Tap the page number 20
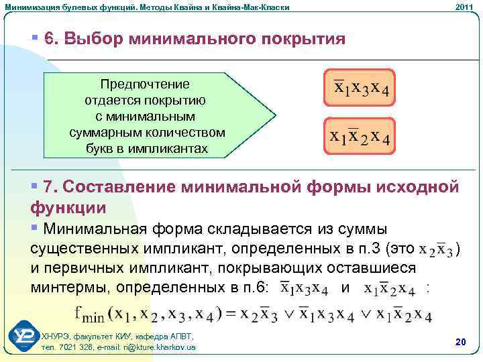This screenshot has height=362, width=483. (x=460, y=342)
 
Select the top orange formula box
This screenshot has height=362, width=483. (x=360, y=87)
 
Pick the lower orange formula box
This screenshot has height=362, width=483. (x=360, y=136)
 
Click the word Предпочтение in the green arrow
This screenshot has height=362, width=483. (x=144, y=85)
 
